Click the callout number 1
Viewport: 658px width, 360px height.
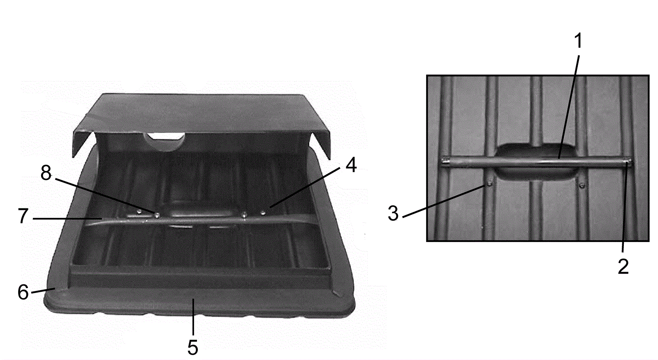[x=578, y=41]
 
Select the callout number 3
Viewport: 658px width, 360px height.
[x=393, y=213]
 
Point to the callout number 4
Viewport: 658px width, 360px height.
[x=351, y=165]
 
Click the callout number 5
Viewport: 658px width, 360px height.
[x=193, y=347]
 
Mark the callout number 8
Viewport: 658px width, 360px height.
[x=46, y=173]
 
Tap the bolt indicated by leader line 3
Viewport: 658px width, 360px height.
[x=489, y=184]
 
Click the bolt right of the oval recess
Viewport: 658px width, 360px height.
[x=582, y=185]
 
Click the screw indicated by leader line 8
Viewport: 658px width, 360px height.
[x=157, y=215]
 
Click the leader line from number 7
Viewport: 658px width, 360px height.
[x=67, y=219]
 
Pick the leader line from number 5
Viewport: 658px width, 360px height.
[x=193, y=317]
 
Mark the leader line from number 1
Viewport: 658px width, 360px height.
[x=569, y=106]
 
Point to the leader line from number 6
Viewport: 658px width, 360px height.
[x=43, y=291]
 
